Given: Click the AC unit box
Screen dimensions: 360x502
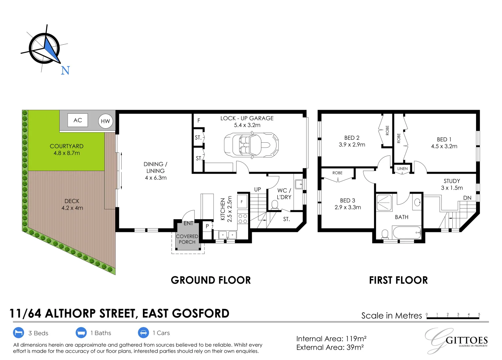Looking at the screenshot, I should click(78, 120).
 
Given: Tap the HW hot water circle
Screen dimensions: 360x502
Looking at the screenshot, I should click(105, 121).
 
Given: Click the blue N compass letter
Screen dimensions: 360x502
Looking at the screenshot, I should click(65, 71).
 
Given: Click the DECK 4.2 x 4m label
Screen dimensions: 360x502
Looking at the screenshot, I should click(72, 204).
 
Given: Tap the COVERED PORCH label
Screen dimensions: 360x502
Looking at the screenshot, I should click(187, 239).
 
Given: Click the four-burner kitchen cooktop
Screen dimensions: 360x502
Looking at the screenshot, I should click(243, 219).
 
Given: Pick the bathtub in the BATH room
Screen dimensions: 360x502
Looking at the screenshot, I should click(407, 232).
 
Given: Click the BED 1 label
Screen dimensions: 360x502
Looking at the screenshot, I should click(444, 143).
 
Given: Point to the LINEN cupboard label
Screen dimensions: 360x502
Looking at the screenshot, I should click(402, 169).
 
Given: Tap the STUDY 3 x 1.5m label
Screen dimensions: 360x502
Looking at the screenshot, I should click(452, 184).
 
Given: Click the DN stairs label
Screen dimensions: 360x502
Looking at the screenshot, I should click(467, 198).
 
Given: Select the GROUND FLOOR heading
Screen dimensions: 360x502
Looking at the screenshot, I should click(211, 280).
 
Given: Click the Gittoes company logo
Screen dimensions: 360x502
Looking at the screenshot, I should click(456, 340).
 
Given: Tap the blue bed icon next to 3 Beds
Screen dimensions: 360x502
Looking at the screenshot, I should click(19, 333).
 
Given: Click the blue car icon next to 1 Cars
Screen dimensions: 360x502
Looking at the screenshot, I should click(143, 333).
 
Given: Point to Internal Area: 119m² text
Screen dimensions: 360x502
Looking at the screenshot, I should click(331, 339).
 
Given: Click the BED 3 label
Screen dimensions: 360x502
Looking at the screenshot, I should click(347, 204).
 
